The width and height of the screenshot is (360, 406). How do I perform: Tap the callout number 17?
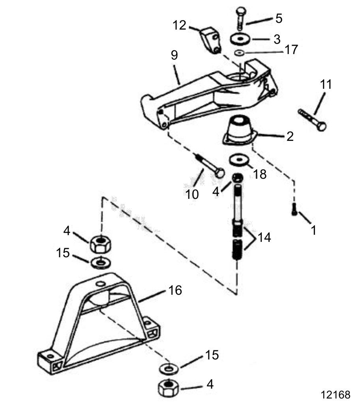[291, 49]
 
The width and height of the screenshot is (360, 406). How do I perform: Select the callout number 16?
[175, 290]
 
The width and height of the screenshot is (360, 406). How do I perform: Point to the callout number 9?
[174, 55]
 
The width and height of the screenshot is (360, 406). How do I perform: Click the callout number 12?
[180, 25]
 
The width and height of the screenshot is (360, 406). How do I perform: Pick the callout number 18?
[260, 174]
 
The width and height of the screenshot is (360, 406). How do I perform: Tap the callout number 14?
[264, 237]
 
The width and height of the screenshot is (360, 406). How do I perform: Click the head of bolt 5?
[241, 11]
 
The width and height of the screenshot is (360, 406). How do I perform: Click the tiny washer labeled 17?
[240, 53]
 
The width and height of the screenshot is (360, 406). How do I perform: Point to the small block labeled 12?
[210, 40]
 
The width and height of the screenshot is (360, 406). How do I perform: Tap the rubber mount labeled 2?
[240, 130]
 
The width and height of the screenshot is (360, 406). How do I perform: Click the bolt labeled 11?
[312, 120]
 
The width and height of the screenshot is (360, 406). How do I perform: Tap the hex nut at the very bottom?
[168, 387]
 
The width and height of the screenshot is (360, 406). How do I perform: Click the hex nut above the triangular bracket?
[101, 244]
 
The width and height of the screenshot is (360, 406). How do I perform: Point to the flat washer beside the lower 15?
[169, 369]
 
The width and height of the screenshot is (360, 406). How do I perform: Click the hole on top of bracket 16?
[101, 284]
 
